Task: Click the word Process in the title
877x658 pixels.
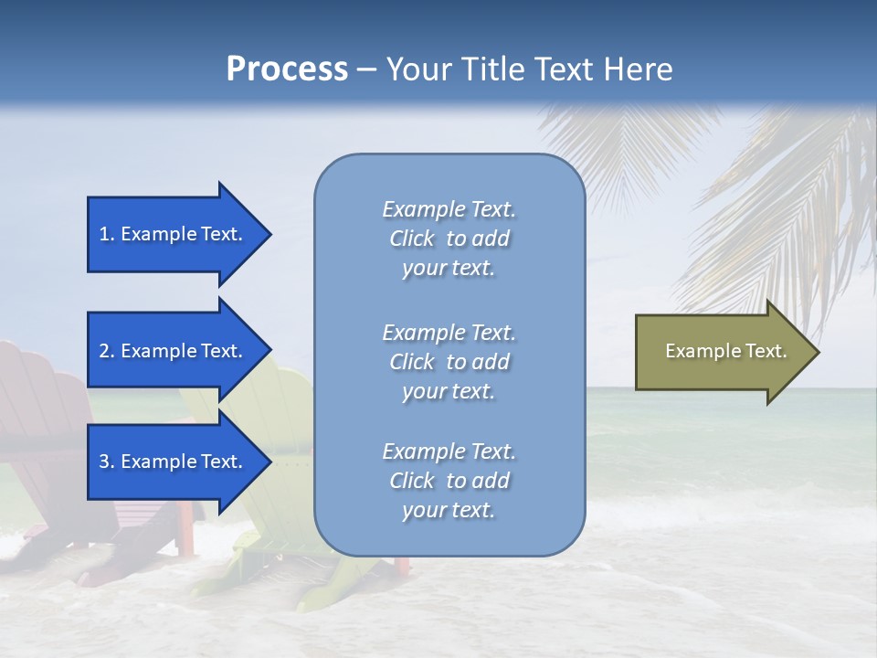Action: pyautogui.click(x=287, y=69)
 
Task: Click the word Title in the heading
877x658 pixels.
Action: pyautogui.click(x=493, y=69)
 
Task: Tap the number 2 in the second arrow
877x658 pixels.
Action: pyautogui.click(x=105, y=351)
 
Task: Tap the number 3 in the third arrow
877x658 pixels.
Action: pyautogui.click(x=105, y=462)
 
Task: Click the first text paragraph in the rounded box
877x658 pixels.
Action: pyautogui.click(x=449, y=239)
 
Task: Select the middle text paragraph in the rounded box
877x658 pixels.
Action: pyautogui.click(x=449, y=362)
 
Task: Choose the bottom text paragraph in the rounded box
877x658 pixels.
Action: pyautogui.click(x=449, y=481)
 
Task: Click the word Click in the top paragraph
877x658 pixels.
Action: pyautogui.click(x=412, y=239)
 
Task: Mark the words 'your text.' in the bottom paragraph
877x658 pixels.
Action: pyautogui.click(x=449, y=510)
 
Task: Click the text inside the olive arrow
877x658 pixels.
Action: pyautogui.click(x=725, y=351)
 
